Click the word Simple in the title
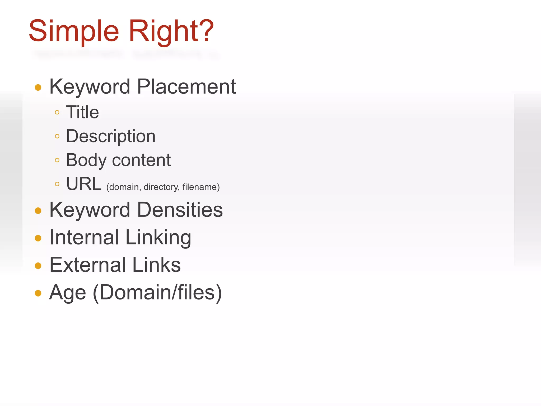coord(74,31)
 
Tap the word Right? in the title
coord(171,31)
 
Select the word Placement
coord(186,87)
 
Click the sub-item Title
coord(82,112)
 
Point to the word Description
coord(111,136)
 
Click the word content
coord(141,160)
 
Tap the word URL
coord(84,184)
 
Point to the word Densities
coord(180,210)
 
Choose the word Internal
coord(84,237)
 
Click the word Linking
coord(158,238)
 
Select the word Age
coord(68,293)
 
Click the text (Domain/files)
coord(157,292)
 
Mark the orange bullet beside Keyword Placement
coord(38,87)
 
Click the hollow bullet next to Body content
coord(57,160)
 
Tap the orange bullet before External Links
coord(38,266)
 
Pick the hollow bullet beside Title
coord(57,112)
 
